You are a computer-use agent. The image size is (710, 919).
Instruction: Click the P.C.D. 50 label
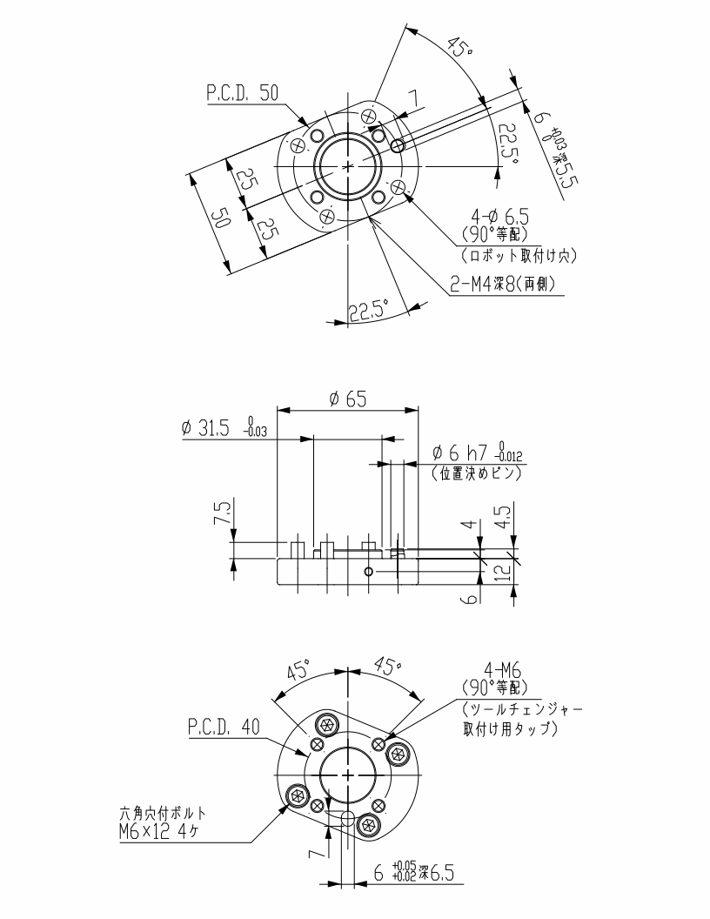pos(243,94)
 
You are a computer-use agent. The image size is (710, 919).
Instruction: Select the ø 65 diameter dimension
pos(347,399)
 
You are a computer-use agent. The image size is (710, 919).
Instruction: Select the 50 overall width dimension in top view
pos(219,218)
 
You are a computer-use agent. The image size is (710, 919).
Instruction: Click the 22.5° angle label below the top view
pos(367,312)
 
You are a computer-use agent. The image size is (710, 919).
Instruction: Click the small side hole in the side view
pos(369,571)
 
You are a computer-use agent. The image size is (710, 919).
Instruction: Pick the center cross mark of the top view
pos(348,164)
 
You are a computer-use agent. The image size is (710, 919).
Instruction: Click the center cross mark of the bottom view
pos(348,774)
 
